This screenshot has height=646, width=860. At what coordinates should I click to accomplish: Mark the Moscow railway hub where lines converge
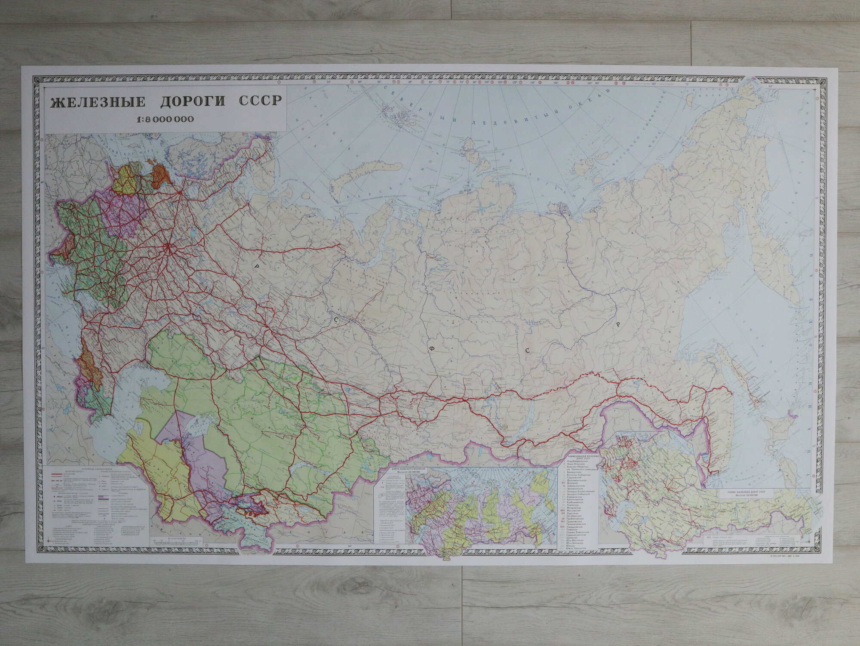coord(167,246)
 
